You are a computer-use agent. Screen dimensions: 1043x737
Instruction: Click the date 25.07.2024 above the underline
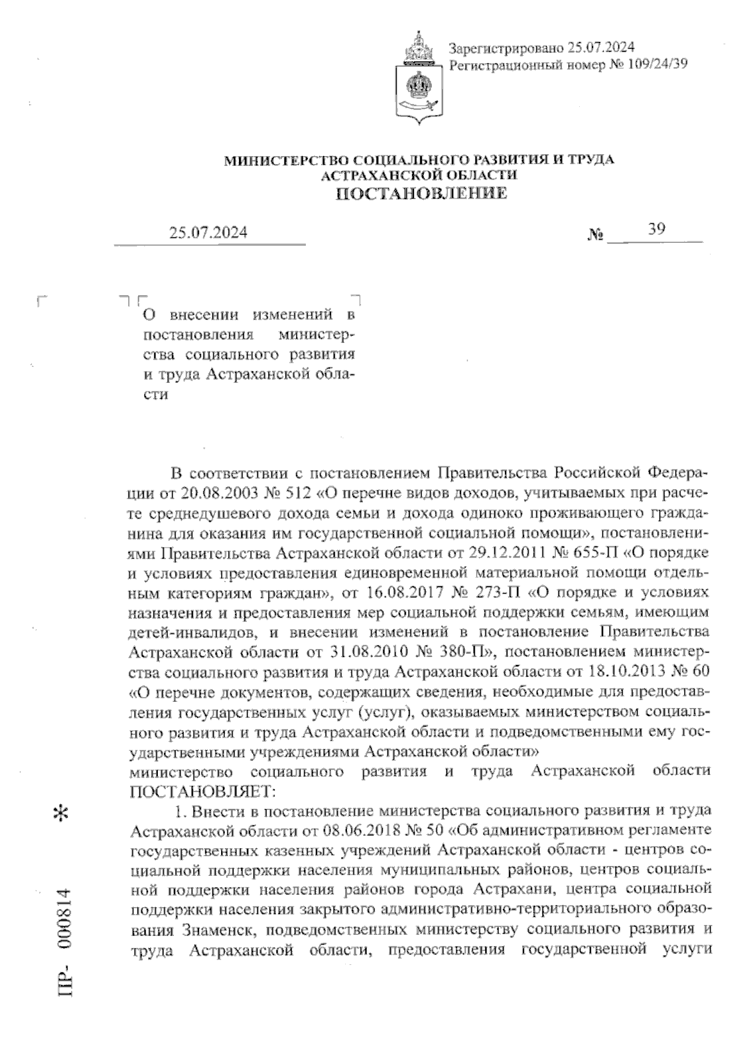pyautogui.click(x=209, y=232)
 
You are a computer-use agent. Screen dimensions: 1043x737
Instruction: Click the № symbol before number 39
pyautogui.click(x=596, y=234)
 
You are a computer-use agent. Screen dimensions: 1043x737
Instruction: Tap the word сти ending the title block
pyautogui.click(x=156, y=395)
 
